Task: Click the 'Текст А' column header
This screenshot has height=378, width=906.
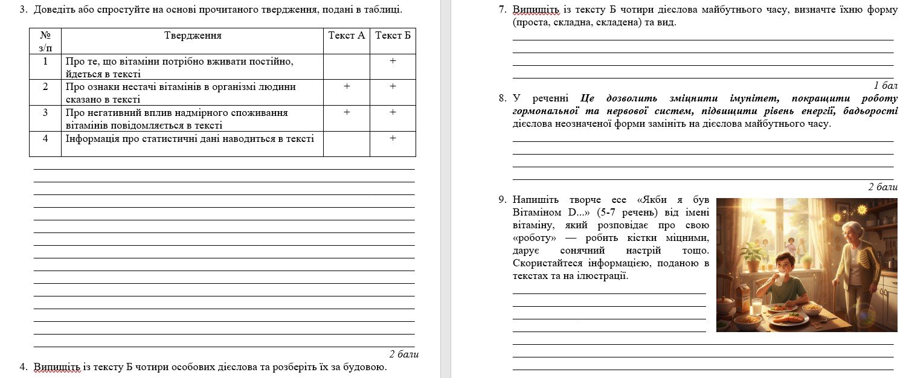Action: [347, 36]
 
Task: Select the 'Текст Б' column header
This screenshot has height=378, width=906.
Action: [393, 36]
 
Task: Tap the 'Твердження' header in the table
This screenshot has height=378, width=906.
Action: [193, 36]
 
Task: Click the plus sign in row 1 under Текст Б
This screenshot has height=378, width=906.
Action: [393, 61]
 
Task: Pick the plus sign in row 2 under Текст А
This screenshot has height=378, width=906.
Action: [347, 86]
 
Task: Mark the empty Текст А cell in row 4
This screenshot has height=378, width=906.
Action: [347, 144]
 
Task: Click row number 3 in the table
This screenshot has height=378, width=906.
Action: [45, 112]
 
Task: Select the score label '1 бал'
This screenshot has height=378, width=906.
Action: [885, 85]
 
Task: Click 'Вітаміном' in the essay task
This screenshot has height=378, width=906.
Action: [534, 213]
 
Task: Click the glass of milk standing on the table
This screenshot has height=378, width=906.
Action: [756, 307]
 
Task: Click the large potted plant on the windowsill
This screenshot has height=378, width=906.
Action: [753, 257]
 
